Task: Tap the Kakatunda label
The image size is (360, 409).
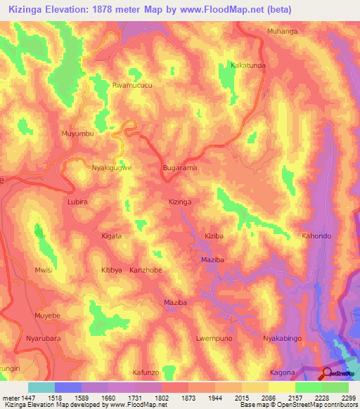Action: click(x=248, y=65)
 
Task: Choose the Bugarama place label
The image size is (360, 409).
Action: click(x=179, y=169)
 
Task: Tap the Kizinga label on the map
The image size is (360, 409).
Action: click(x=180, y=202)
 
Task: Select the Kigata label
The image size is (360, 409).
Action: click(x=112, y=236)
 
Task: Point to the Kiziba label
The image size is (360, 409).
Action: click(x=214, y=236)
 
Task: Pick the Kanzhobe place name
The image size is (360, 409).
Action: click(x=146, y=270)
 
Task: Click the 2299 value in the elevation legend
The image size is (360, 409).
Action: click(x=348, y=398)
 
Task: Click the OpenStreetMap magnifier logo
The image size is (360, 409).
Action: click(x=327, y=373)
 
